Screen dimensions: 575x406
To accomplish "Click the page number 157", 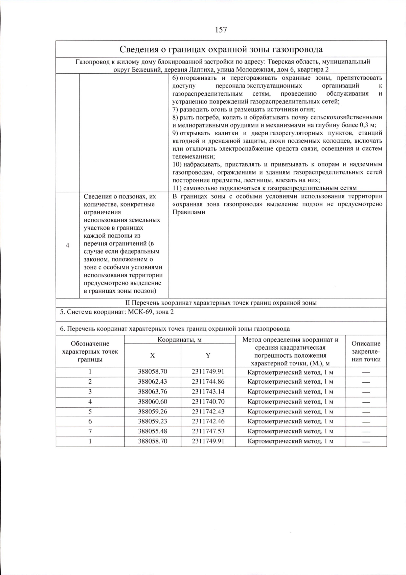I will [x=221, y=30].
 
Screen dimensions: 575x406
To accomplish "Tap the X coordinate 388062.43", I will [x=152, y=382].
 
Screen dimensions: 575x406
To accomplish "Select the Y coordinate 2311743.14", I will [x=208, y=391].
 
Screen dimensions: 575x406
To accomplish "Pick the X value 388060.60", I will [x=152, y=402].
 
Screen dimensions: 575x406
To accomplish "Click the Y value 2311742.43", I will [x=208, y=411].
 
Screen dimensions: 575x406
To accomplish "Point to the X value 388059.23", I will [x=152, y=421].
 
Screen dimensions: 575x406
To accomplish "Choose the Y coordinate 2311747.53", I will [x=208, y=431].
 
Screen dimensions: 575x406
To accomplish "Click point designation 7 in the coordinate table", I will [x=90, y=431].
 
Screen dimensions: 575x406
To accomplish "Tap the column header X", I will [x=152, y=356].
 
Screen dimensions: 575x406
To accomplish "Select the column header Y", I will [x=208, y=356].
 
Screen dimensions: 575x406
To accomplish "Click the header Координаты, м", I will [x=179, y=340].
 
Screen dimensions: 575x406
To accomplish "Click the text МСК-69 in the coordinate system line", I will [x=140, y=312].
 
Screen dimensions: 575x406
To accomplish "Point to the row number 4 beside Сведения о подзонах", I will [x=67, y=245].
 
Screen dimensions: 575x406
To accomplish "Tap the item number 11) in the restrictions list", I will [x=177, y=188].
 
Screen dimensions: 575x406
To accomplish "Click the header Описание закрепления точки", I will [x=366, y=352].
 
